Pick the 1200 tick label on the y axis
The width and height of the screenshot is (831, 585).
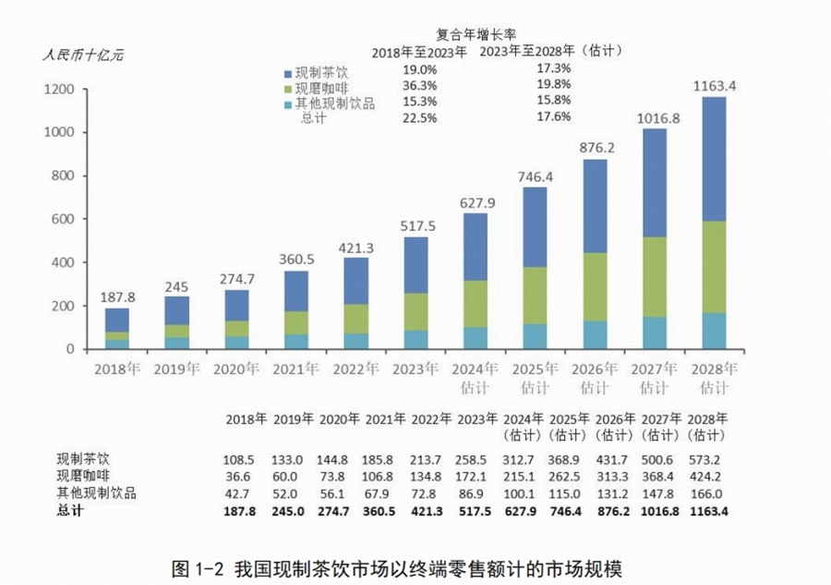pos(57,90)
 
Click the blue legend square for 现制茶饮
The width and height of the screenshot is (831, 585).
pos(287,73)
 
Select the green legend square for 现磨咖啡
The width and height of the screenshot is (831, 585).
pos(287,89)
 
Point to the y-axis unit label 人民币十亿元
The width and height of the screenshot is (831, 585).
pos(79,53)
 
